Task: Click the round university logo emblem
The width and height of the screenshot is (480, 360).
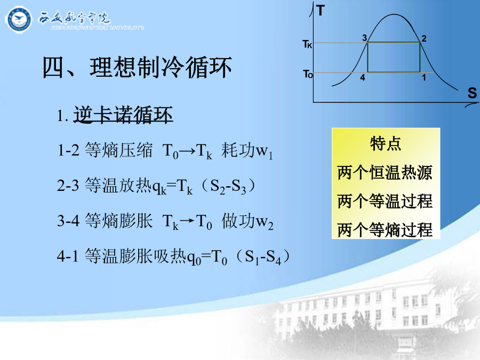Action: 19,20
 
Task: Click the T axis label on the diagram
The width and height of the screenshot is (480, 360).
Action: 321,11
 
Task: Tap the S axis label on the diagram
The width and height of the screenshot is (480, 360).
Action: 472,92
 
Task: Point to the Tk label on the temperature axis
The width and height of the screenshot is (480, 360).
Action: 307,44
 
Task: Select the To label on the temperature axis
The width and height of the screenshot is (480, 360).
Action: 308,74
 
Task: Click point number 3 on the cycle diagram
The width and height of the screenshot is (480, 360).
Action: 364,38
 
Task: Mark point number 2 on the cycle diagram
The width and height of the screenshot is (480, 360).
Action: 423,38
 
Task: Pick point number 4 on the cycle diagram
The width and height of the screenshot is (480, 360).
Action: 363,77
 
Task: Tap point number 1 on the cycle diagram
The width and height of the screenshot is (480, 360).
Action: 423,77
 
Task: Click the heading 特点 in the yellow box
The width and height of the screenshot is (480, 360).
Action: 386,143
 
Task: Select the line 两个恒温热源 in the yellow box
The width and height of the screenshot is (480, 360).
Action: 385,172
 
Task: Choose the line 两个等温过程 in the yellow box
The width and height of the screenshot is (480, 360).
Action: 385,201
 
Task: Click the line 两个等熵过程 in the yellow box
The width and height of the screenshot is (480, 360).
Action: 385,229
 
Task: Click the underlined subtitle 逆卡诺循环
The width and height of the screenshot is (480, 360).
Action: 123,115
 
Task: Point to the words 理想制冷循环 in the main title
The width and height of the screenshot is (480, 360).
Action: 161,67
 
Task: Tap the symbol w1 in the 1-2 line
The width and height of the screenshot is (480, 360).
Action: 264,151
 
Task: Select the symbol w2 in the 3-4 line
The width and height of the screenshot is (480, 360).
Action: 265,222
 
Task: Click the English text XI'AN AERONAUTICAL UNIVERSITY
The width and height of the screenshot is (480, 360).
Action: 98,28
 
